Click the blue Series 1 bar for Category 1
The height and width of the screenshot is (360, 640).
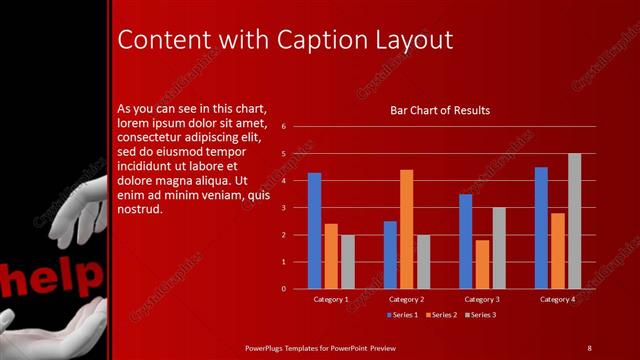click(314, 230)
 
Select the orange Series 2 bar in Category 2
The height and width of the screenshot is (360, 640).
click(406, 229)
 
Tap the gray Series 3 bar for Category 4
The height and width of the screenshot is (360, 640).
click(574, 221)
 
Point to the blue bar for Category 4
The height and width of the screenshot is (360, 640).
click(541, 227)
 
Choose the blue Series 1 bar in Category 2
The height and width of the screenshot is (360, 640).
click(390, 254)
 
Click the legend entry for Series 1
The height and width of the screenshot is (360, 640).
click(401, 315)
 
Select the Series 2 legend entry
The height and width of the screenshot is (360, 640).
click(441, 315)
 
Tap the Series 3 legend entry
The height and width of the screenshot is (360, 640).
click(479, 315)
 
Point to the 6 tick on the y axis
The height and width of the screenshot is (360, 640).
click(284, 127)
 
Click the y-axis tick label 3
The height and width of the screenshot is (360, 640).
click(284, 208)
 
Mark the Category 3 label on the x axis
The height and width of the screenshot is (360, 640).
click(482, 299)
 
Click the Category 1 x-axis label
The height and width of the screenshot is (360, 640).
click(331, 299)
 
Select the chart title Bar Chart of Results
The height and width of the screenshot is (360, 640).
click(439, 110)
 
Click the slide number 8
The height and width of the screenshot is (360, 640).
click(589, 347)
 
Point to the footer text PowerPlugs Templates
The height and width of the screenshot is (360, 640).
click(290, 347)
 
